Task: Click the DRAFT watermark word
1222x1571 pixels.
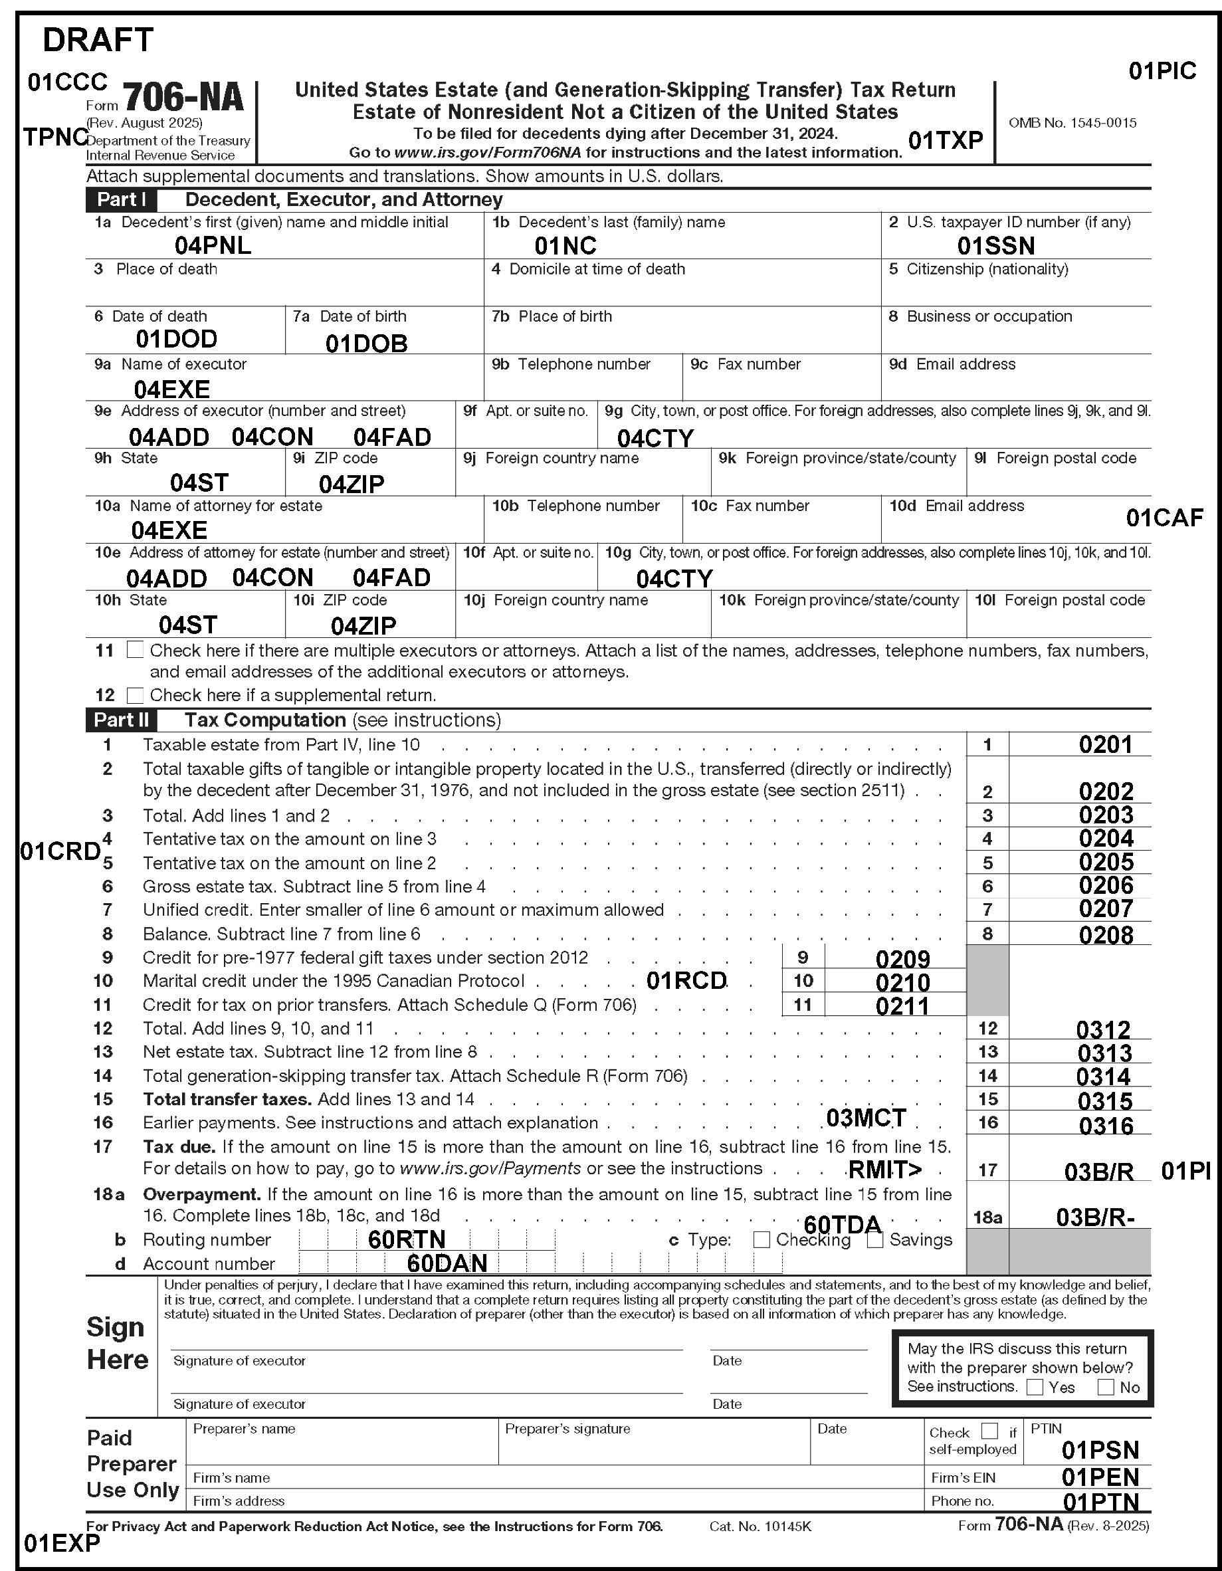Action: pos(98,41)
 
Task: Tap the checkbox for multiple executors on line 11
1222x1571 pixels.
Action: pos(134,651)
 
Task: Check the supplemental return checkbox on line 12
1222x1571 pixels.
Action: pos(134,696)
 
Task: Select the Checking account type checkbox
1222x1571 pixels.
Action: pos(762,1239)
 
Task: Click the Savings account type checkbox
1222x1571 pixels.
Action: pos(874,1239)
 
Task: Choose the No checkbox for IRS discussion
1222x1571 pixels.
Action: pos(1106,1387)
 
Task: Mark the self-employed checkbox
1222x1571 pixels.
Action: pos(989,1431)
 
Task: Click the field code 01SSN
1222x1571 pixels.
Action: pos(995,246)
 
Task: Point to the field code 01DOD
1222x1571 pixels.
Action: pos(176,339)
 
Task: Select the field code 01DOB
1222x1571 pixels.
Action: pos(366,344)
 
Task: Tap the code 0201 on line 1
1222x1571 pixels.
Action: pos(1106,744)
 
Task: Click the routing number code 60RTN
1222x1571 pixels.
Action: pos(407,1239)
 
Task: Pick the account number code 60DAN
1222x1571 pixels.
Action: pos(447,1264)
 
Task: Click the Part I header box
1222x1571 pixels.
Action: pos(121,199)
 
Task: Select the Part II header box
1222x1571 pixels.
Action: pos(121,720)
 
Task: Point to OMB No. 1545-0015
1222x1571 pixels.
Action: pos(1072,123)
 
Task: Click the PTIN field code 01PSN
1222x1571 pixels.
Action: pos(1100,1450)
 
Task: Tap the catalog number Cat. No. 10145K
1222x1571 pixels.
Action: pos(760,1526)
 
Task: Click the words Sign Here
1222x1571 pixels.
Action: pos(116,1343)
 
